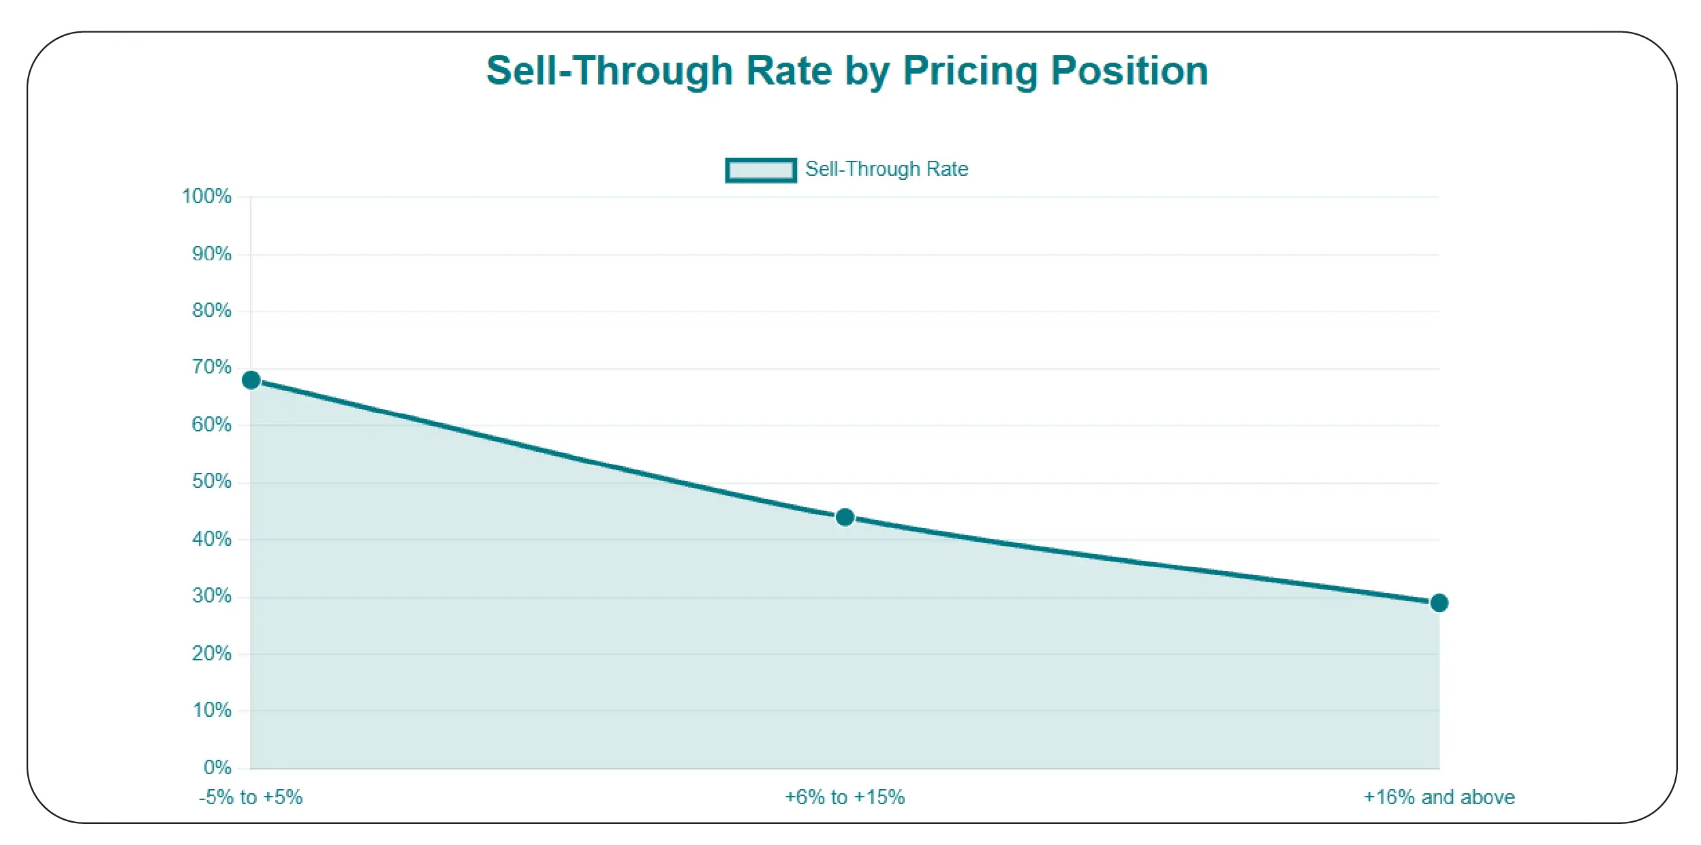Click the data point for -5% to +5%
point(251,380)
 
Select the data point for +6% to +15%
point(845,517)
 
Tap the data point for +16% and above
point(1439,602)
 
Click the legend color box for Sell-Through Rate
point(760,170)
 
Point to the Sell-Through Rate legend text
point(886,169)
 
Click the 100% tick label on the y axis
point(206,196)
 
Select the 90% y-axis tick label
point(212,254)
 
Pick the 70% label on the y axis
point(212,367)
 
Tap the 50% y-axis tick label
point(212,482)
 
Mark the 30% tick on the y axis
point(212,596)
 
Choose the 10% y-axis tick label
point(212,711)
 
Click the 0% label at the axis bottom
point(217,767)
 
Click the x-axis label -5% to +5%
point(251,797)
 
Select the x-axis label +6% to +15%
point(845,797)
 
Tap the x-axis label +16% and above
point(1439,797)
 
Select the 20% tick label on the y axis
point(212,654)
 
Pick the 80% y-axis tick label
point(212,311)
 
